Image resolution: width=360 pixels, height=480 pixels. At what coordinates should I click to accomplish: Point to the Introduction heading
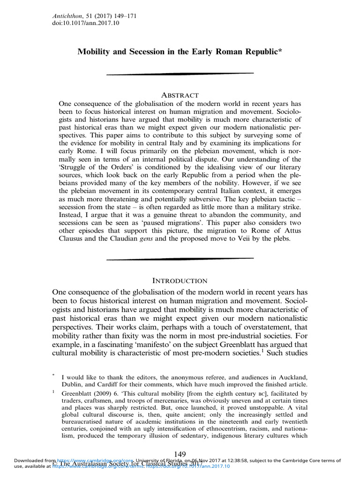click(x=180, y=280)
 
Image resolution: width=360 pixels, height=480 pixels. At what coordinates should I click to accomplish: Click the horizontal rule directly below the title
click(x=180, y=74)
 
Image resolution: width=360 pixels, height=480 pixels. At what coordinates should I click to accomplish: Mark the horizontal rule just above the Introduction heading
click(x=180, y=258)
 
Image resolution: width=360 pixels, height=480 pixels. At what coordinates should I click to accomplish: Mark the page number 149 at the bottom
click(x=180, y=454)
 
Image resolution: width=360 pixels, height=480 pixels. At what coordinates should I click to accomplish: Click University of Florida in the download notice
click(x=186, y=461)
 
